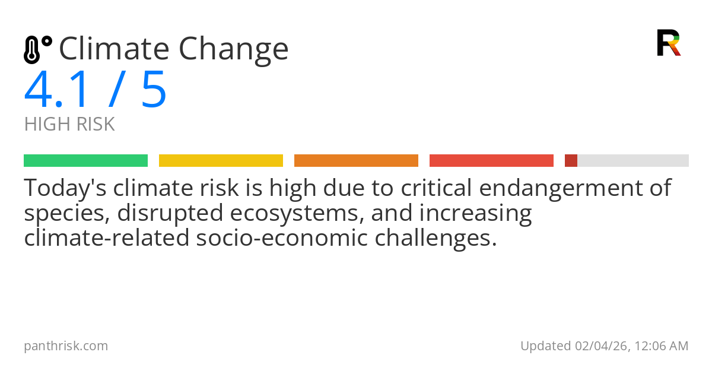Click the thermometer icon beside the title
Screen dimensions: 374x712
tap(37, 49)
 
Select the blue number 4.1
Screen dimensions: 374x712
tap(58, 90)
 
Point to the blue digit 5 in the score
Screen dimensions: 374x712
tap(154, 90)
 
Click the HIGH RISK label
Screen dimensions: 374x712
tap(69, 125)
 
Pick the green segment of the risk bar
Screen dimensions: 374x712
tap(85, 161)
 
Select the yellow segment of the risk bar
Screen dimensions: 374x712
tap(221, 161)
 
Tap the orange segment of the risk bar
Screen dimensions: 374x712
tap(356, 161)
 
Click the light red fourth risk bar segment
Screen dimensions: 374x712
tap(491, 161)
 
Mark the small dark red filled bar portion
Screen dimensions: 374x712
tap(571, 161)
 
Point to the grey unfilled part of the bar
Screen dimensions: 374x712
tap(632, 161)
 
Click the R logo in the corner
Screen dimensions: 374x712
tap(668, 43)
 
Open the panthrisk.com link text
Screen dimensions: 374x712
tap(66, 346)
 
